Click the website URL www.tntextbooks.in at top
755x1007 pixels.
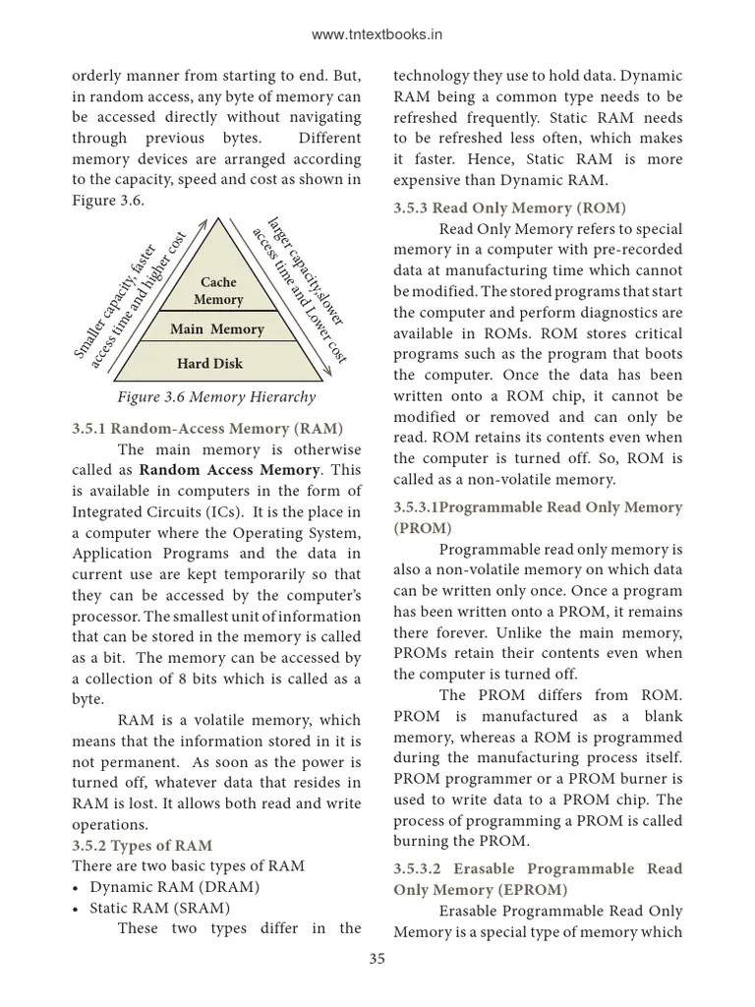click(377, 34)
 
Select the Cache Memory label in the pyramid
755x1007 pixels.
click(218, 291)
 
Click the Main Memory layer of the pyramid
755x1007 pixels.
click(216, 329)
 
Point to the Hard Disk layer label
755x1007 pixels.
click(209, 364)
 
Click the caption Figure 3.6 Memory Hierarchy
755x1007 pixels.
click(216, 397)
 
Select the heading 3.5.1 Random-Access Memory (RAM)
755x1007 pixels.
click(207, 429)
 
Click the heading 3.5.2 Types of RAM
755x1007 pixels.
click(142, 846)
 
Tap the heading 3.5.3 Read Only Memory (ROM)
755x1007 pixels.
click(509, 207)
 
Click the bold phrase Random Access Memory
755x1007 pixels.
click(234, 470)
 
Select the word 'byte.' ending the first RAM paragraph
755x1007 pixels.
click(88, 699)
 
